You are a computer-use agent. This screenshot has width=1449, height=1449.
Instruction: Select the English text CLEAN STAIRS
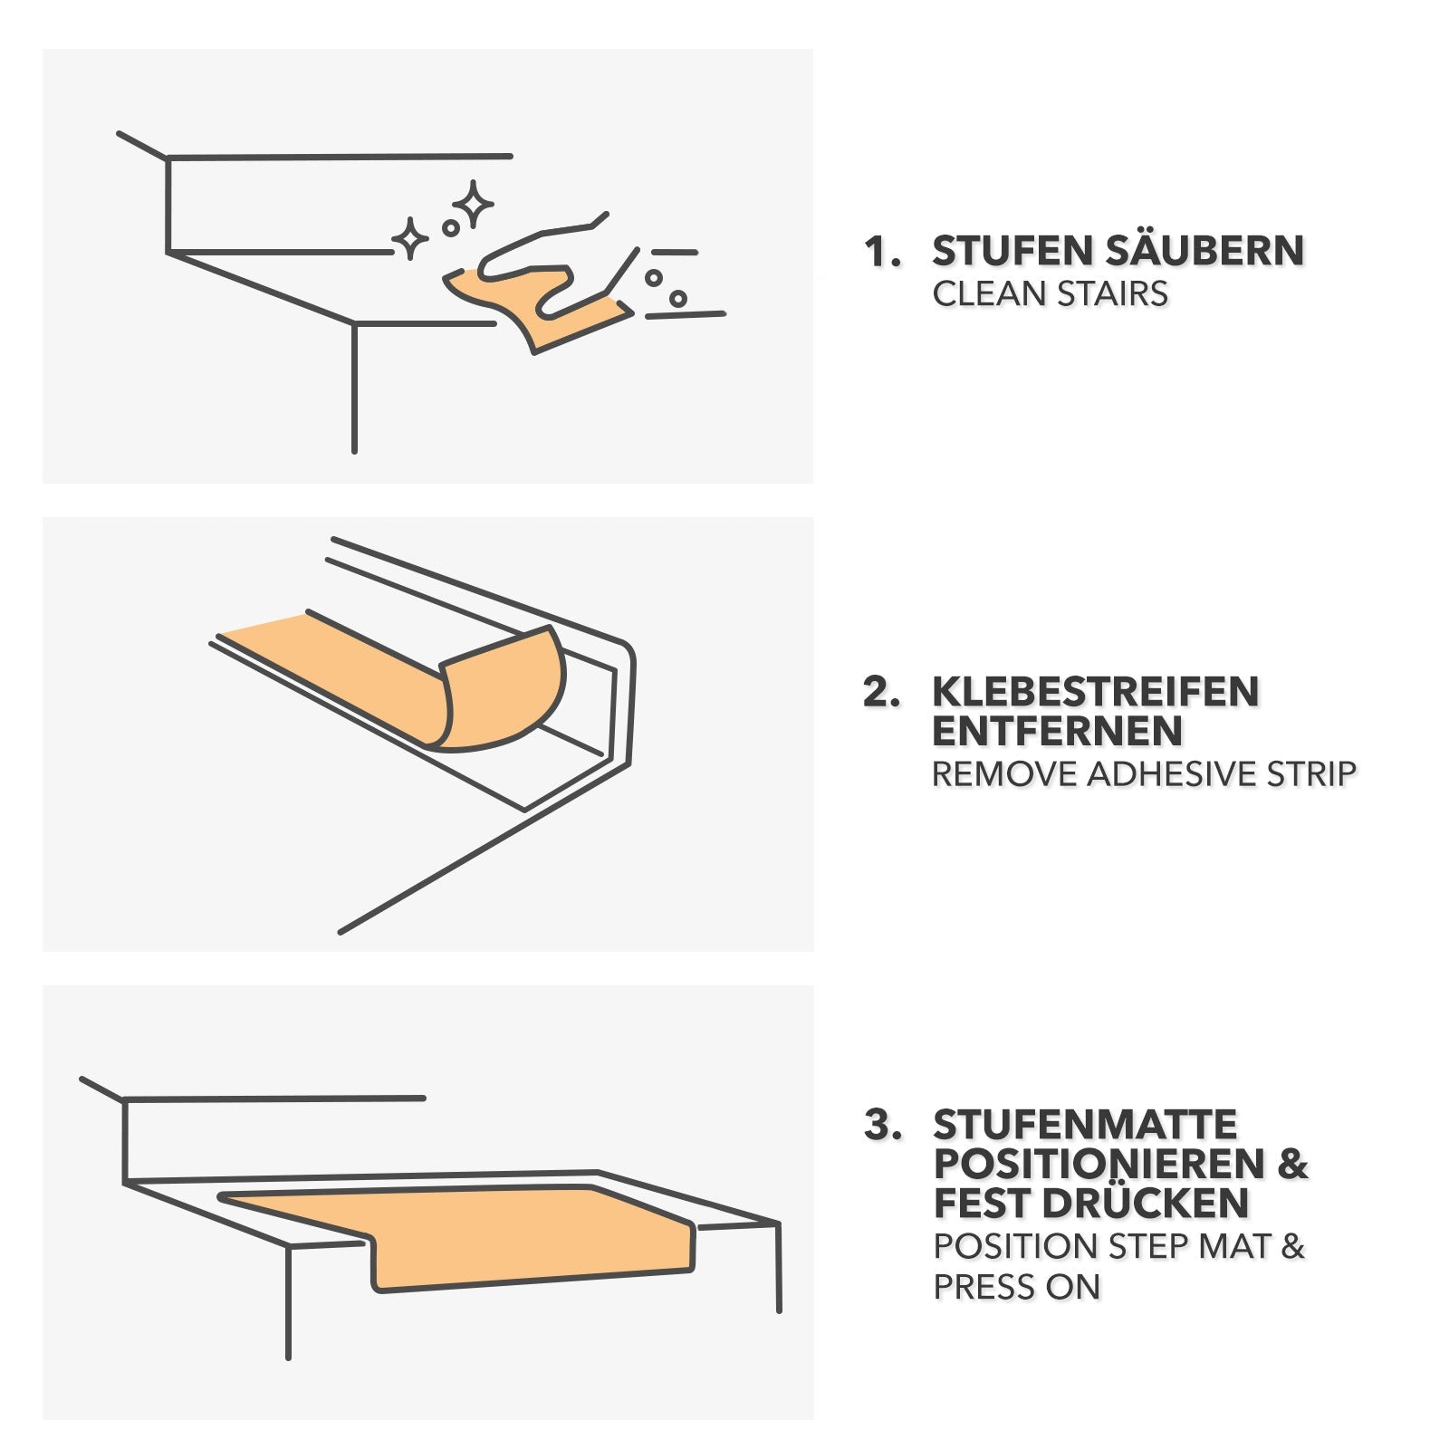(x=1050, y=294)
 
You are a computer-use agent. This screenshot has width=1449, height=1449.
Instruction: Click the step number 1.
(x=880, y=252)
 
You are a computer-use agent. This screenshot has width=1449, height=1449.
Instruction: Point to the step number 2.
(x=880, y=692)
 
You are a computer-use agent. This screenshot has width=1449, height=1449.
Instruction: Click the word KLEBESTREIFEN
(x=1096, y=692)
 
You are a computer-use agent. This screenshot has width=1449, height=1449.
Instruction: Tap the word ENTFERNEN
(x=1057, y=731)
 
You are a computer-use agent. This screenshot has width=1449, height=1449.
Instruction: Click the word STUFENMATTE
(x=1085, y=1125)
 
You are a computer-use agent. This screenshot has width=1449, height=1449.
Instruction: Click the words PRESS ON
(x=1016, y=1287)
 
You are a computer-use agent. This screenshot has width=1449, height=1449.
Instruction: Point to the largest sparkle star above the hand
(x=473, y=205)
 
